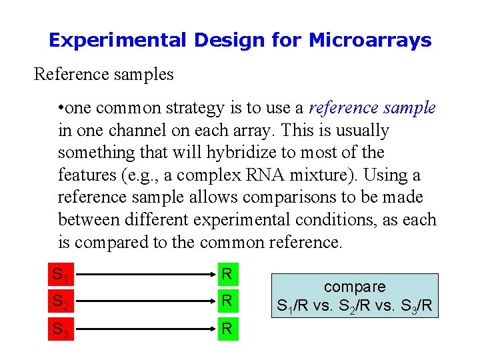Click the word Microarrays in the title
370,41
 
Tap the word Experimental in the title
117,41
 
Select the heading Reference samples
103,74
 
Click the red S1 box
60,274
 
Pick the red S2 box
60,301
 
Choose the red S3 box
60,329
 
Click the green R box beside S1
227,274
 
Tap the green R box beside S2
227,301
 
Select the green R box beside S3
227,329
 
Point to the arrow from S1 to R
142,274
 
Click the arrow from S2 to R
142,301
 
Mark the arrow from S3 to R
142,329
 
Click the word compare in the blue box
355,287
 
